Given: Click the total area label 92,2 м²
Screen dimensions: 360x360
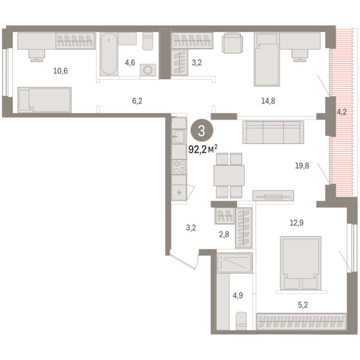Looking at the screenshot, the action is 203,149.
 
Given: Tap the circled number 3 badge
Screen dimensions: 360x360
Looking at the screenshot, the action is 202,130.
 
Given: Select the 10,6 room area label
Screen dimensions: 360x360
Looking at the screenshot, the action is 60,71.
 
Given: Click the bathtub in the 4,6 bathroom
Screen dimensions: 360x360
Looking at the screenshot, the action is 109,54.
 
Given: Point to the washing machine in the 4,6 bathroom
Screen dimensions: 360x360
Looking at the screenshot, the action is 148,70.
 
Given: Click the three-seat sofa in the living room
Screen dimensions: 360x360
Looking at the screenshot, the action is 273,132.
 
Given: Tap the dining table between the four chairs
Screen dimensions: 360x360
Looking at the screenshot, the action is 229,175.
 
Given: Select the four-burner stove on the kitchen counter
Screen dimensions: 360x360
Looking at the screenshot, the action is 179,167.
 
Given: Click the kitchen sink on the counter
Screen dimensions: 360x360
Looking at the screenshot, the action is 179,136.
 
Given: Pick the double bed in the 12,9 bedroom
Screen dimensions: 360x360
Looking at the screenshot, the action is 301,263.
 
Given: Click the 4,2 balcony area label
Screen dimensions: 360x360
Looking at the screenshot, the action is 341,112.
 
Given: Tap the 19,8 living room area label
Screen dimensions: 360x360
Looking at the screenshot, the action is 302,166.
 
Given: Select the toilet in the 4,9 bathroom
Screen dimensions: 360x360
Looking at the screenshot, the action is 241,321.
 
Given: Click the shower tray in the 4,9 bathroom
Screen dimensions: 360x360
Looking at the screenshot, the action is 235,263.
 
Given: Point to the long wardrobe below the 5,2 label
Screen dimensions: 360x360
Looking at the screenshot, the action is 301,321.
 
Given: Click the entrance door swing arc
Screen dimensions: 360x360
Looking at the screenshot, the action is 197,262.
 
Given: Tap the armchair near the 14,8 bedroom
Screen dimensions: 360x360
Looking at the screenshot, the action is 232,43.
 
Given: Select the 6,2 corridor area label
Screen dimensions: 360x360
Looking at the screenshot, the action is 137,101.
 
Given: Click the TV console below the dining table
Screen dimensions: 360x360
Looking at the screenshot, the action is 273,196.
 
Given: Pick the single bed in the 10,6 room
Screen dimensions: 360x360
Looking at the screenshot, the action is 44,100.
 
